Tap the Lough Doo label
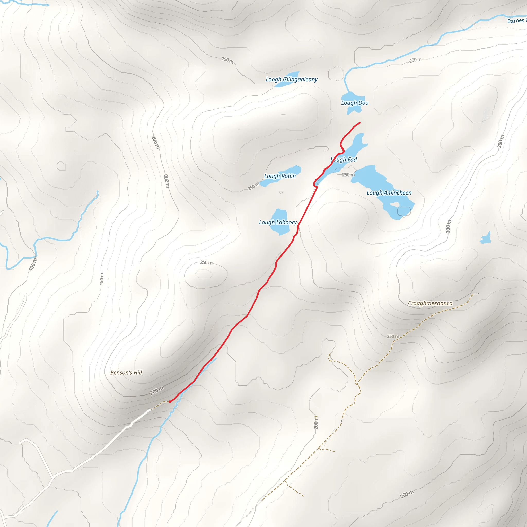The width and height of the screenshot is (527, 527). coord(355,103)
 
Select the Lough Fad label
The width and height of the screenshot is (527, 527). coord(344,160)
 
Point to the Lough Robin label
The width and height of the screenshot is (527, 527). coord(280,176)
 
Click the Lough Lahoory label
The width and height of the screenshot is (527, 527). coord(278,222)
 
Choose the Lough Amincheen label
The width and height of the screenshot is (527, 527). coord(389,193)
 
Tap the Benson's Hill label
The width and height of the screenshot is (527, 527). coord(126,373)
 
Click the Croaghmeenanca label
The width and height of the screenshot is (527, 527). coord(430,303)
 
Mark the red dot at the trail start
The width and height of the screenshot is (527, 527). coord(170,402)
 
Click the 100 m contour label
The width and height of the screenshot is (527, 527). coord(33,264)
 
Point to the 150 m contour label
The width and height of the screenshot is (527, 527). coord(101,279)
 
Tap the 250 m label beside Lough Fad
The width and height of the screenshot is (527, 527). coord(348,175)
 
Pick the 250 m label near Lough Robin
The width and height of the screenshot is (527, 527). coord(254,186)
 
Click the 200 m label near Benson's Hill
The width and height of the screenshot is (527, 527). coord(156,390)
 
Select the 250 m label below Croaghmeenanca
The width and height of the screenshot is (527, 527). coord(393,336)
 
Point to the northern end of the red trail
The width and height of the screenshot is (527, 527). coord(360,123)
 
